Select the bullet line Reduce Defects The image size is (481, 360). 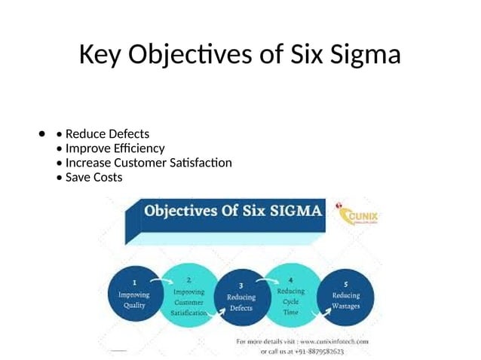coord(107,134)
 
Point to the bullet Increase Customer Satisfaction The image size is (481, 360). coord(149,163)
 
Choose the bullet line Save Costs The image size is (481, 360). coord(93,177)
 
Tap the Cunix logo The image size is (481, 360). coord(360,218)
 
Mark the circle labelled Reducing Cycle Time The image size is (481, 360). coord(291,296)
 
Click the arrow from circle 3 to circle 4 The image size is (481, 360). coord(265,281)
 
